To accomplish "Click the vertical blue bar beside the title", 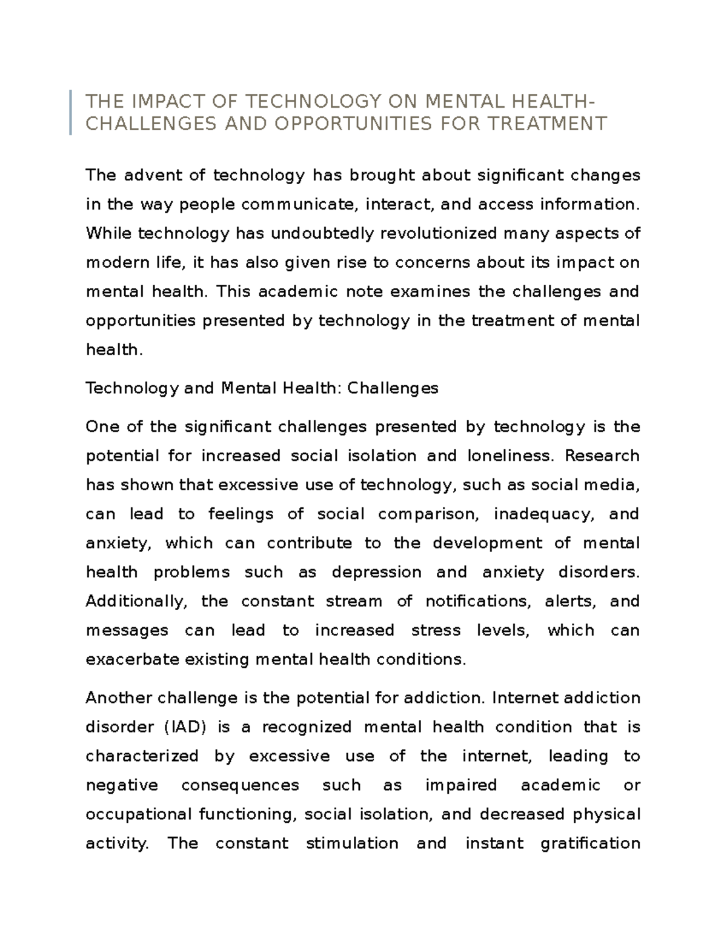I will tap(71, 112).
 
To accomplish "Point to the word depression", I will tap(376, 572).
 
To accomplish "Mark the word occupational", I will tap(139, 814).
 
